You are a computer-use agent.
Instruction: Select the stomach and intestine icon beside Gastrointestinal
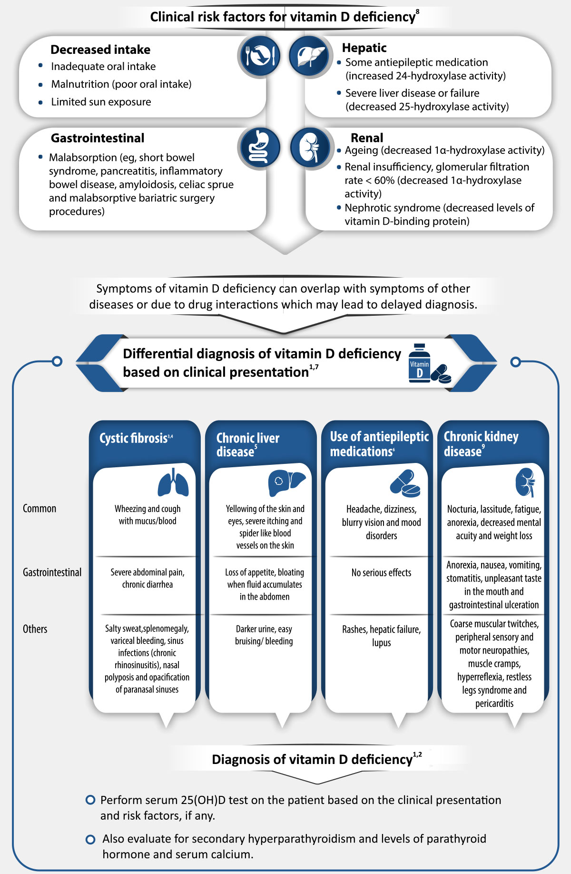(x=259, y=147)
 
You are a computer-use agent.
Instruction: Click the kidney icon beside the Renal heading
(x=310, y=147)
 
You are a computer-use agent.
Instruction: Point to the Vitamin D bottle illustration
(x=419, y=364)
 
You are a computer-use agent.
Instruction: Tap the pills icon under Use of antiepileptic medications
(x=405, y=483)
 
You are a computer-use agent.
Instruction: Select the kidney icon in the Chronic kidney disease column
(x=525, y=482)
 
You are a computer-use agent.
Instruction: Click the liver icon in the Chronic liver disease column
(x=286, y=483)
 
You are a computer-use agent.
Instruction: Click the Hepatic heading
(x=364, y=48)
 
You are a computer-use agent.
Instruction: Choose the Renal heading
(x=367, y=138)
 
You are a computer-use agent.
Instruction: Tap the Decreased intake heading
(x=100, y=50)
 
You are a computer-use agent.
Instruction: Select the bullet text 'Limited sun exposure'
(x=101, y=102)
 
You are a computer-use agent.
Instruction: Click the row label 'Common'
(x=39, y=508)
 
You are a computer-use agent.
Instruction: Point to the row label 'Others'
(x=35, y=629)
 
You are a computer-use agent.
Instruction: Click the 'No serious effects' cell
(x=381, y=573)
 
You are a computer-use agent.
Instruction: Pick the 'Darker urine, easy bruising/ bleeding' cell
(x=264, y=635)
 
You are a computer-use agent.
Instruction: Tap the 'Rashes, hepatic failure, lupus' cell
(x=381, y=636)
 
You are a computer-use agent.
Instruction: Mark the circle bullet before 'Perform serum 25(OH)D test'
(x=90, y=800)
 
